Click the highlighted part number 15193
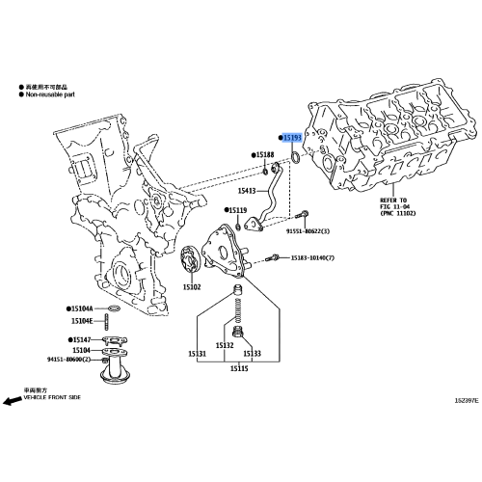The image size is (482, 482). [x=293, y=139]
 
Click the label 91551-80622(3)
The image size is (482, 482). [x=308, y=231]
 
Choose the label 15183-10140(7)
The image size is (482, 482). [x=313, y=258]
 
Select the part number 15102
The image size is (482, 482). [x=192, y=287]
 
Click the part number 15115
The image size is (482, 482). [x=238, y=368]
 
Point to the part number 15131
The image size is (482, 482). [x=196, y=354]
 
